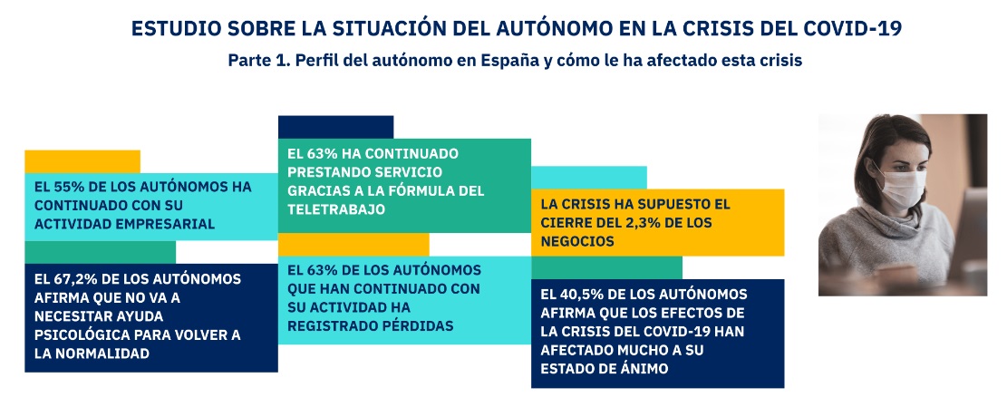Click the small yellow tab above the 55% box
82,160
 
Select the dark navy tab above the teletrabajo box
335,126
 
